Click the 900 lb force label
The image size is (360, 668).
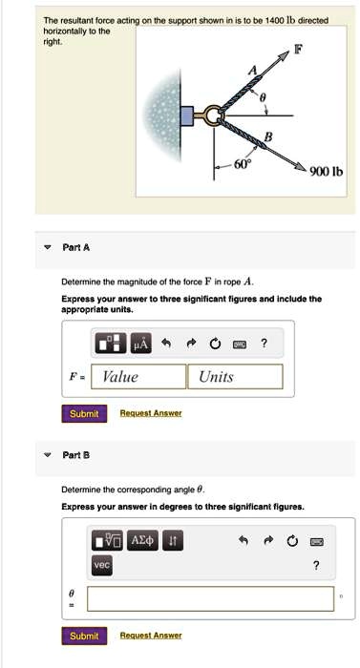[x=326, y=173]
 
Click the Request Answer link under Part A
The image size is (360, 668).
[x=150, y=413]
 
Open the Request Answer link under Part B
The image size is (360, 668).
[x=150, y=636]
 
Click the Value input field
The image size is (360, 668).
[x=141, y=376]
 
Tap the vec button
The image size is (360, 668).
[x=101, y=565]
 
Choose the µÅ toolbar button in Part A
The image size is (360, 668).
[x=140, y=343]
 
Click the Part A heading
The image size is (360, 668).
[x=76, y=246]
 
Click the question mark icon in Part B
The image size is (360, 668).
[x=316, y=565]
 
